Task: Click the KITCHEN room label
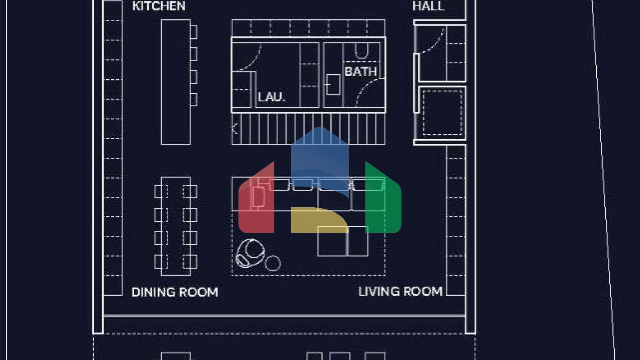click(159, 6)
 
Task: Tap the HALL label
click(429, 6)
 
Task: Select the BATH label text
click(361, 72)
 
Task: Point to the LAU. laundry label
click(271, 97)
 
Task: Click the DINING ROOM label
click(175, 292)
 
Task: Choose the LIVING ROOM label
click(400, 291)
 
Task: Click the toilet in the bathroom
click(362, 51)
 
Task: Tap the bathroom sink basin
click(333, 85)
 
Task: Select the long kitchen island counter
click(176, 82)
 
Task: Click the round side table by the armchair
click(272, 263)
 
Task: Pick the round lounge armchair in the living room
click(250, 253)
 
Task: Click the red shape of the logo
click(256, 200)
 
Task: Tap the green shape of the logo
click(383, 200)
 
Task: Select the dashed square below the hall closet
click(442, 112)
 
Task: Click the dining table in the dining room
click(176, 226)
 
